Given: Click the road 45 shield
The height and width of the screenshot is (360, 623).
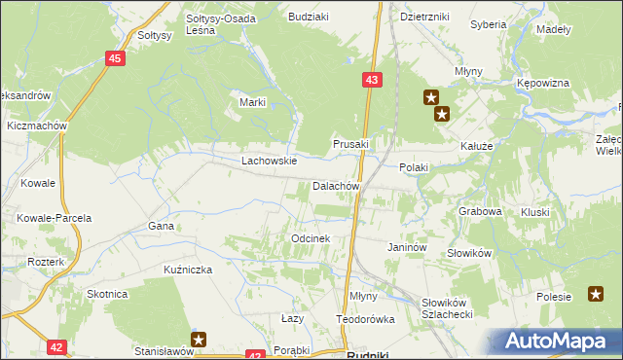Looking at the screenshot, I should [115, 59].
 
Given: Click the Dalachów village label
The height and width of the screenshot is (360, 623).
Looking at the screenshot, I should [337, 186].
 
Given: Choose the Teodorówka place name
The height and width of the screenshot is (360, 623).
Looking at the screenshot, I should [365, 319].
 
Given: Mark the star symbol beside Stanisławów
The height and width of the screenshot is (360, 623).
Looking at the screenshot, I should [199, 340].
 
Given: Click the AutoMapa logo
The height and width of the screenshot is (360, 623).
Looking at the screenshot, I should [559, 342].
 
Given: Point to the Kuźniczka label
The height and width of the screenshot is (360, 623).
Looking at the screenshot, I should [188, 269].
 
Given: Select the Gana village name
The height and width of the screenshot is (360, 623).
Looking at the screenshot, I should [161, 226].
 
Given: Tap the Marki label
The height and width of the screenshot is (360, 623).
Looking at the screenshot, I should [252, 102].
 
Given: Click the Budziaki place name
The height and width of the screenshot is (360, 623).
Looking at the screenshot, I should [307, 17].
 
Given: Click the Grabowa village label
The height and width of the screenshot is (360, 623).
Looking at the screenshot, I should [480, 210].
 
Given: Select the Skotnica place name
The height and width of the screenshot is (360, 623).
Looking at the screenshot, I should [107, 294].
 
